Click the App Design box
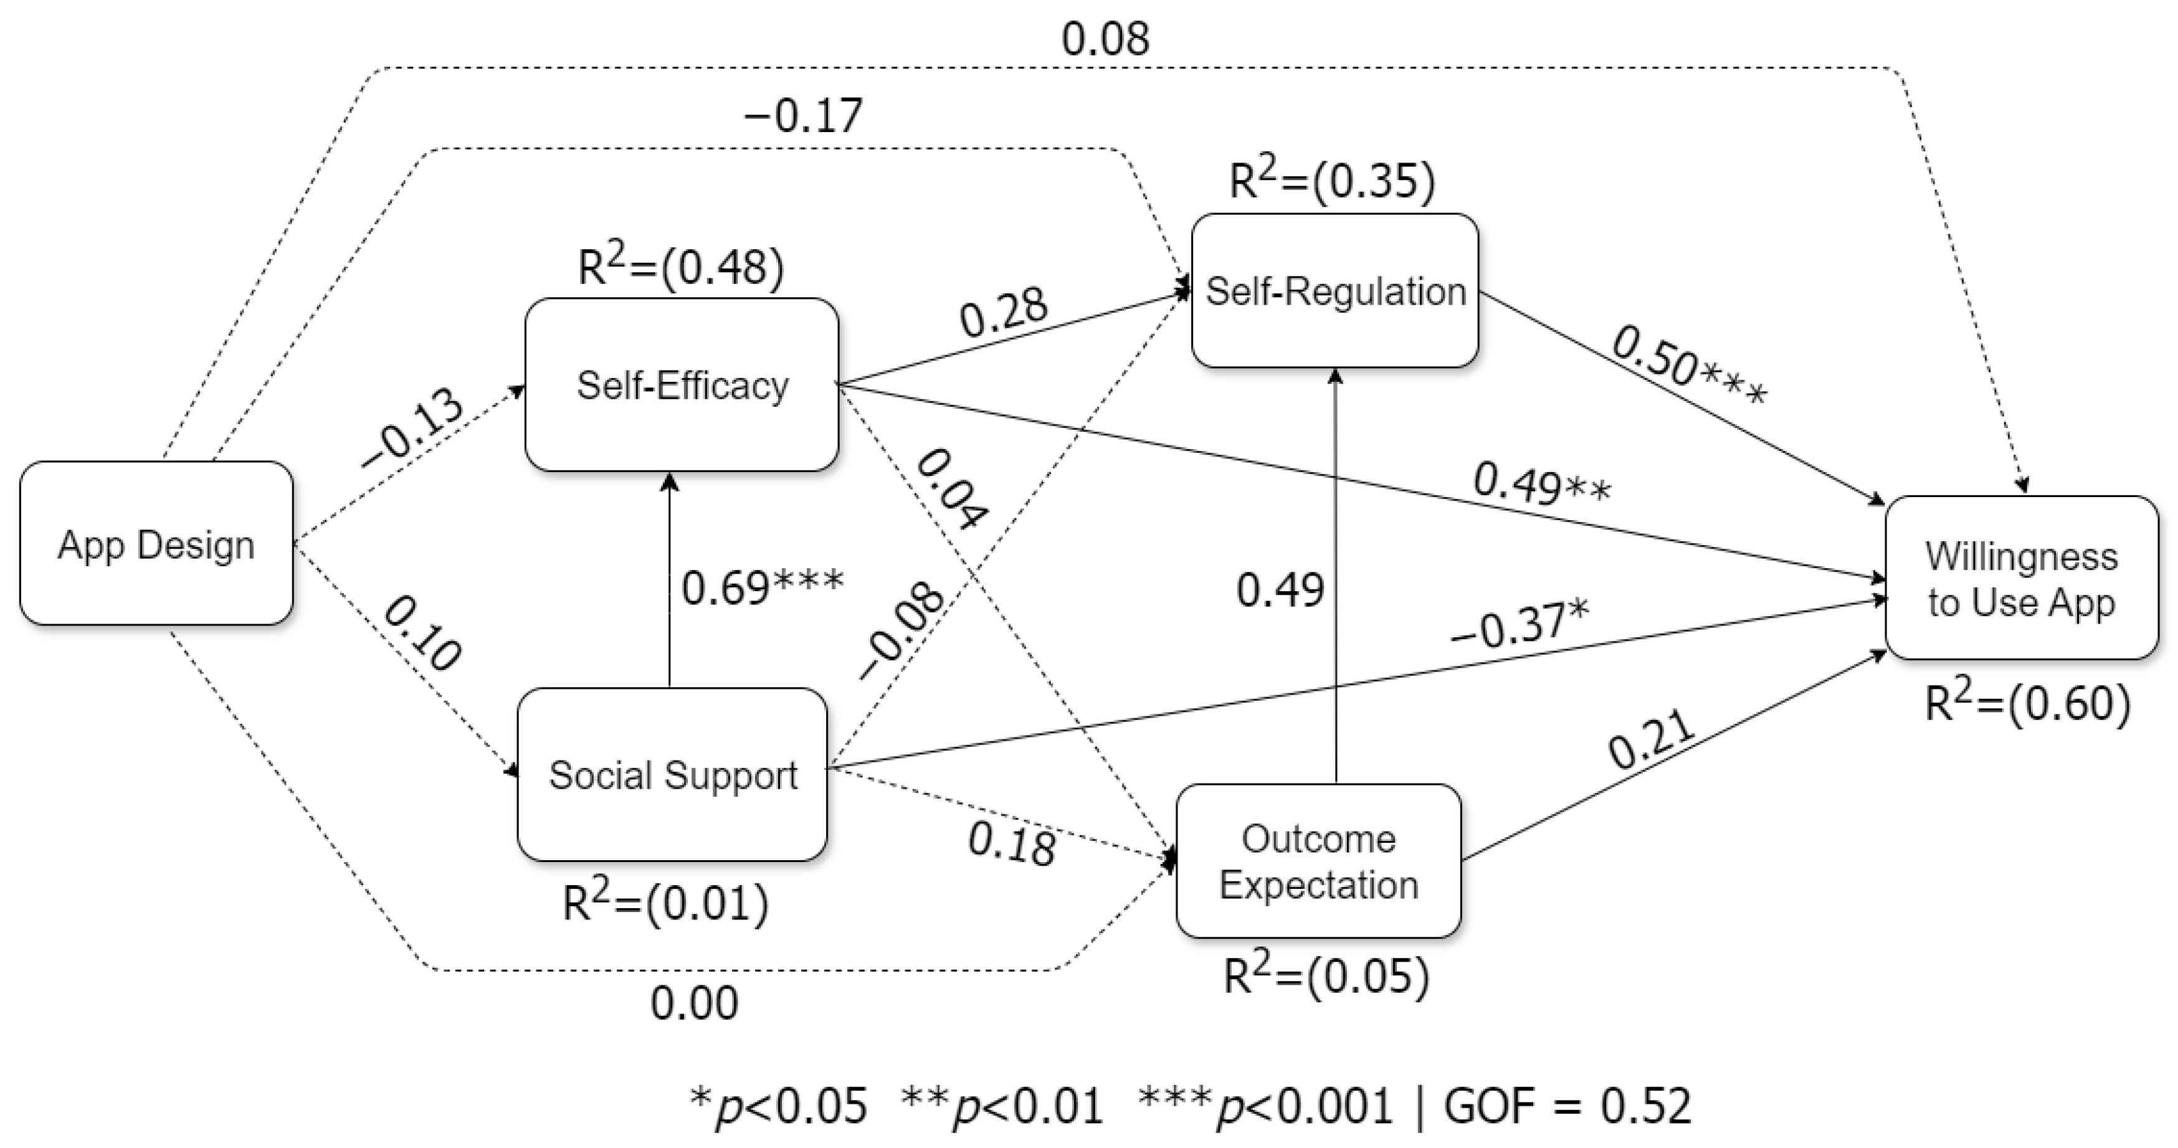coord(156,544)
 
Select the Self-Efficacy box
coord(682,385)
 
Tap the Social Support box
coord(672,774)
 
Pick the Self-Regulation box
coord(1335,291)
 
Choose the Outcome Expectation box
coord(1318,861)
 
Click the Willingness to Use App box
coord(2022,578)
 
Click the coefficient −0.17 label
coord(803,115)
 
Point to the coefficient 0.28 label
coord(1004,310)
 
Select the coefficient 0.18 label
coord(1011,843)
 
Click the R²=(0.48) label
coord(680,267)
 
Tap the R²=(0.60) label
coord(2027,703)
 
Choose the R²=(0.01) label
coord(665,902)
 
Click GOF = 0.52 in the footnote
coord(1567,1105)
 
